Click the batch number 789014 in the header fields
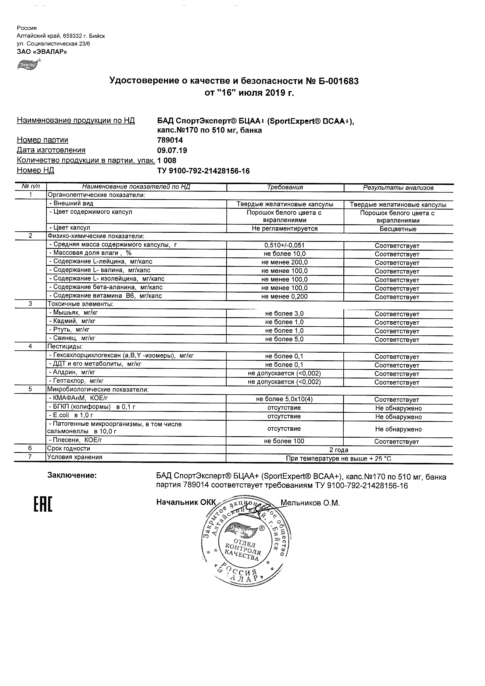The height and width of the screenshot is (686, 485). pos(170,140)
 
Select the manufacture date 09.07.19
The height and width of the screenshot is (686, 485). pos(172,150)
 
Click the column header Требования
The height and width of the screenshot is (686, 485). pos(285,187)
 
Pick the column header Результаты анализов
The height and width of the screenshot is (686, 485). pos(398,188)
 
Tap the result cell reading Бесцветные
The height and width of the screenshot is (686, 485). pos(398,229)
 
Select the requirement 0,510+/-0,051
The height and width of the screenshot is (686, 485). pos(284,246)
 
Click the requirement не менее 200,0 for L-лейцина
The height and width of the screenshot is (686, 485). pos(284,262)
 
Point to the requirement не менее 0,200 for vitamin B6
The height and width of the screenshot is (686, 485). pos(284,297)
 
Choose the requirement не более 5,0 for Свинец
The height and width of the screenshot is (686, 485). pos(284,339)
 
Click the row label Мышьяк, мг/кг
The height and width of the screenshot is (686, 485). pos(74,313)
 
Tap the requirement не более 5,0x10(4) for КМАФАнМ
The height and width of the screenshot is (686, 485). pos(284,399)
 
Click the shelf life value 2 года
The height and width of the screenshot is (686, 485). pos(339,450)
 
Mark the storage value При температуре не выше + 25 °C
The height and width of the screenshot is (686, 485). pos(339,459)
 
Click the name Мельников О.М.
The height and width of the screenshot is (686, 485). pos(310,503)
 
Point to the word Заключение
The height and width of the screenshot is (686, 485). pos(72,475)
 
